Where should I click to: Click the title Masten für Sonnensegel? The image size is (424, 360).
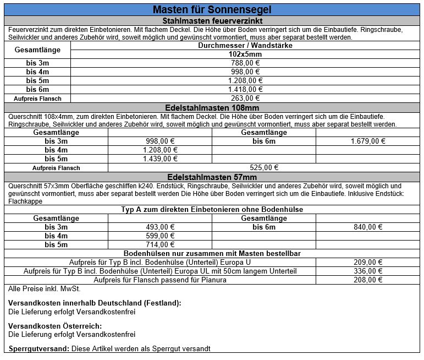(x=212, y=10)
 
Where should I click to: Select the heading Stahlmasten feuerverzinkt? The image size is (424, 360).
(x=212, y=20)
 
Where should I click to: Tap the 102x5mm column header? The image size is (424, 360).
(x=245, y=54)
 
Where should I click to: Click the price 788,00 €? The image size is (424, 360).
(x=245, y=63)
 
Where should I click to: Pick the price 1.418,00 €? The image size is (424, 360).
(x=245, y=89)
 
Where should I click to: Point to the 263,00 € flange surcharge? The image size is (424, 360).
(x=245, y=98)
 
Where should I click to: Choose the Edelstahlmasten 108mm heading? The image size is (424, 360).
(x=212, y=107)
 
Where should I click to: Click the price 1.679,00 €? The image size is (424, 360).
(x=367, y=141)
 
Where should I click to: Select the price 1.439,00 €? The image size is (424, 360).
(x=160, y=159)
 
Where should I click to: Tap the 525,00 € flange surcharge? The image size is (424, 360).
(x=264, y=167)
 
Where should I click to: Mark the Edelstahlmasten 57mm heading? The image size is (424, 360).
(x=212, y=177)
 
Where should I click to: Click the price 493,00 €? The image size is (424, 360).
(x=160, y=227)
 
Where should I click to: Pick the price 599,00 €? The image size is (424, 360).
(x=160, y=236)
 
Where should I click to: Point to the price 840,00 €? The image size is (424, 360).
(x=367, y=227)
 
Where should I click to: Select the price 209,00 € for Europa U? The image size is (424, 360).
(x=367, y=262)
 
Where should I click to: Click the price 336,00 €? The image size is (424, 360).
(x=367, y=271)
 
